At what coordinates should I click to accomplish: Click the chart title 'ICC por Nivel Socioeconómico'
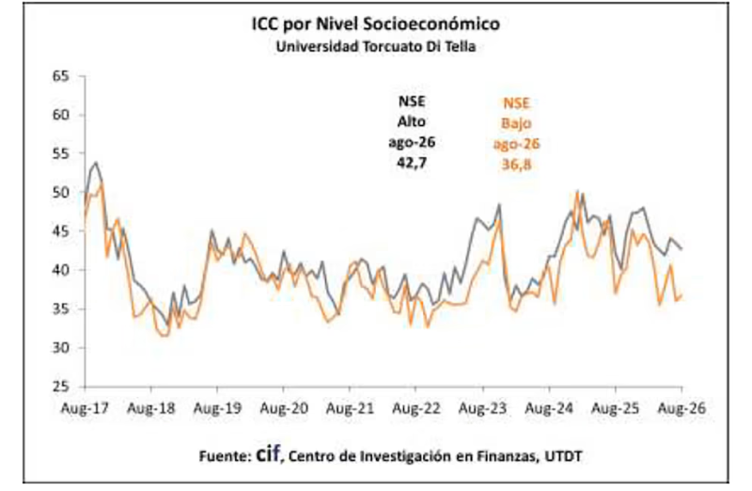[376, 24]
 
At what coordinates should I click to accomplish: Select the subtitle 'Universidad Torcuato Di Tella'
[376, 47]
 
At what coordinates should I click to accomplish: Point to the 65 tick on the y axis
[61, 76]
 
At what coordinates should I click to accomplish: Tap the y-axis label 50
[61, 193]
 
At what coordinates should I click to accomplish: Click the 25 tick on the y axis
[61, 387]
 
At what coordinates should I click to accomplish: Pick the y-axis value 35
[61, 309]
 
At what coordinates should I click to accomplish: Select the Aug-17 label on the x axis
[85, 408]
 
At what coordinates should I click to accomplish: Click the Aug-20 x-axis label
[284, 408]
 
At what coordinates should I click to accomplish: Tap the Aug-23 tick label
[482, 408]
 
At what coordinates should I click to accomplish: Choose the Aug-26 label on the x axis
[681, 408]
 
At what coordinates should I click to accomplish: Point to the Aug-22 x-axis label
[416, 408]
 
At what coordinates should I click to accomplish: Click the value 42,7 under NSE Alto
[412, 163]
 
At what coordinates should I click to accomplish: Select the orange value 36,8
[516, 165]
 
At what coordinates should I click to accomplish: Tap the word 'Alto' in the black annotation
[412, 122]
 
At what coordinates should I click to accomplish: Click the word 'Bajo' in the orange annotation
[516, 124]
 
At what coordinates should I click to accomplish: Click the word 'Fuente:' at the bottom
[226, 456]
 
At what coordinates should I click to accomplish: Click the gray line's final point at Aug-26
[681, 249]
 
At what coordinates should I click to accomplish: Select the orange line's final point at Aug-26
[681, 295]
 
